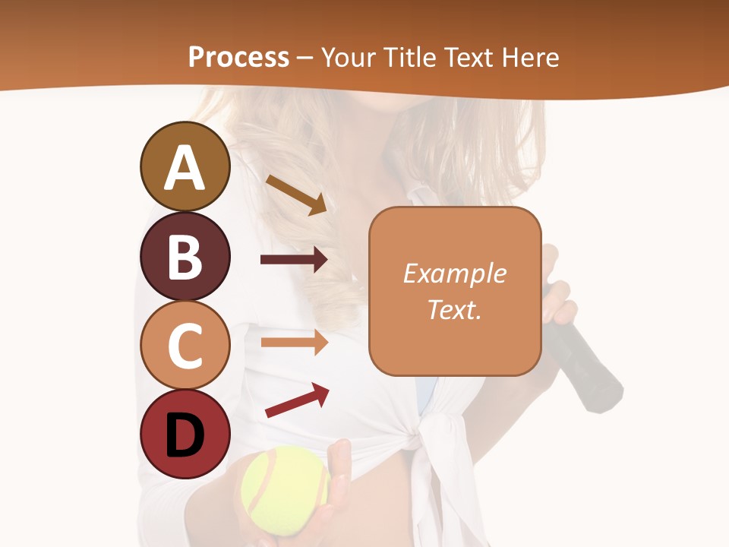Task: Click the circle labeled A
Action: (x=185, y=167)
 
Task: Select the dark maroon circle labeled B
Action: (x=185, y=257)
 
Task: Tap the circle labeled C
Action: (x=185, y=346)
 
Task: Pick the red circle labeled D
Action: (x=185, y=435)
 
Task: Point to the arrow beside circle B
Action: (x=294, y=260)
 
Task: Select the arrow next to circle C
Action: (x=294, y=342)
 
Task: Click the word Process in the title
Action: (x=238, y=57)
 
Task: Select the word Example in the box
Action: (x=455, y=274)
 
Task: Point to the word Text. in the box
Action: (x=455, y=309)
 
